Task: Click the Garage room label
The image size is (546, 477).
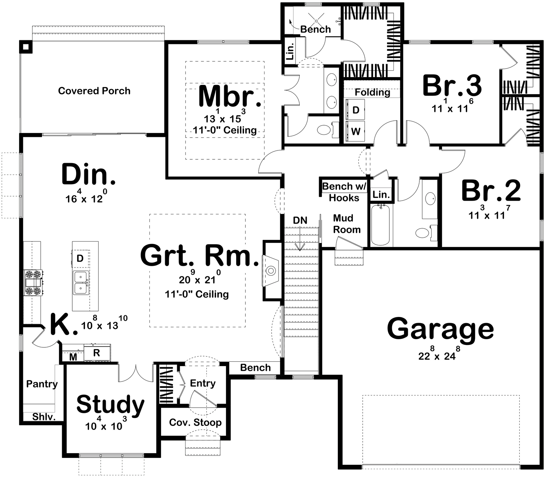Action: (x=440, y=329)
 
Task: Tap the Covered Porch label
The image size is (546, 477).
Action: (x=94, y=91)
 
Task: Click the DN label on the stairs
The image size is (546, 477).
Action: (x=300, y=220)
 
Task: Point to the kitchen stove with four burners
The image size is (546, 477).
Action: (x=33, y=283)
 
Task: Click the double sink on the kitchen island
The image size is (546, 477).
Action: (x=81, y=283)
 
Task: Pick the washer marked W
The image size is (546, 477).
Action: (x=355, y=131)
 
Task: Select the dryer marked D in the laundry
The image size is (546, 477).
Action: (x=355, y=110)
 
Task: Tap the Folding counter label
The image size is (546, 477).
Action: (x=372, y=92)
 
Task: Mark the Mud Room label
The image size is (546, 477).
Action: (x=346, y=224)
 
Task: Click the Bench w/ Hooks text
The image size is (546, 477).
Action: (x=344, y=192)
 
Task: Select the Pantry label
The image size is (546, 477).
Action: (x=42, y=384)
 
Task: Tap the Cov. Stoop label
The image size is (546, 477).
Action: (x=195, y=422)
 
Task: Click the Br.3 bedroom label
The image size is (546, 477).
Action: (x=452, y=85)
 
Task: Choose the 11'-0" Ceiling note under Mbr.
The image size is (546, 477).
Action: (x=225, y=130)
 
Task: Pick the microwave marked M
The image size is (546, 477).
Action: (x=73, y=357)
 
